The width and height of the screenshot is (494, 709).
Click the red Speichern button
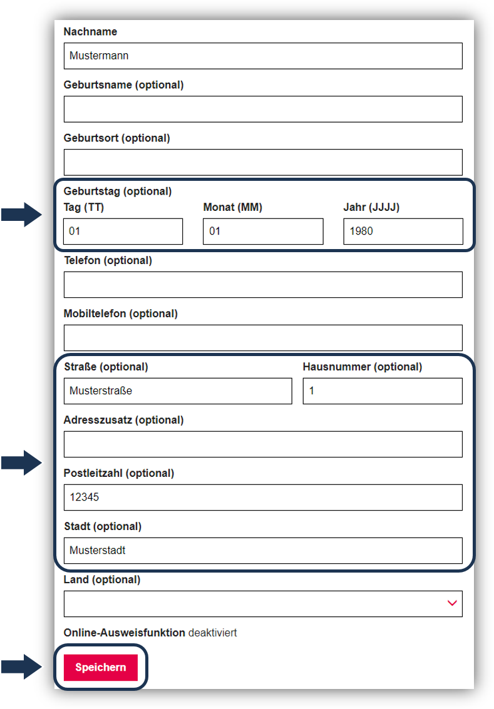[x=100, y=667]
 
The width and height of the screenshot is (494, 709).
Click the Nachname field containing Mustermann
[x=263, y=56]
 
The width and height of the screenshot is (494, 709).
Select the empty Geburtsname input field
[x=263, y=109]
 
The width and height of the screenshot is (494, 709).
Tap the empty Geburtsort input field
[x=263, y=162]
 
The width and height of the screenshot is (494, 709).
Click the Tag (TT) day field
[x=123, y=231]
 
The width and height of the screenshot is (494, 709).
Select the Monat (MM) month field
[x=263, y=231]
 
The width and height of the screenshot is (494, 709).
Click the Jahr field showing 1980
[x=403, y=231]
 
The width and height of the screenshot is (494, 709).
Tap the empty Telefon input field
[x=263, y=285]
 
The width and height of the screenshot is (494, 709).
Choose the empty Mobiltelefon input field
[x=263, y=338]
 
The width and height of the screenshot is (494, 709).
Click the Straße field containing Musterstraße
[x=178, y=390]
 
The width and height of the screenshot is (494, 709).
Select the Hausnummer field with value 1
[x=383, y=390]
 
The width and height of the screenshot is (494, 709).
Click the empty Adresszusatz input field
[x=263, y=444]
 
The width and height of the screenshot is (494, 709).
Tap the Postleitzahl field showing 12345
[x=263, y=497]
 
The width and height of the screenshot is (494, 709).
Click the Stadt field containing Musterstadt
[x=263, y=550]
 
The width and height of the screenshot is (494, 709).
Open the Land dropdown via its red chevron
[x=452, y=603]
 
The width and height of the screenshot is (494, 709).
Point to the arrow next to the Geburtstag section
[x=21, y=215]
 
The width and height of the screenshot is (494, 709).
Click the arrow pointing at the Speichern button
[x=21, y=666]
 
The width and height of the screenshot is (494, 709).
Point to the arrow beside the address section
[x=21, y=462]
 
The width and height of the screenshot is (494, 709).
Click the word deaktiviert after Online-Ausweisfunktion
[x=213, y=633]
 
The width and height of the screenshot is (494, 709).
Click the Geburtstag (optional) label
[x=118, y=191]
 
